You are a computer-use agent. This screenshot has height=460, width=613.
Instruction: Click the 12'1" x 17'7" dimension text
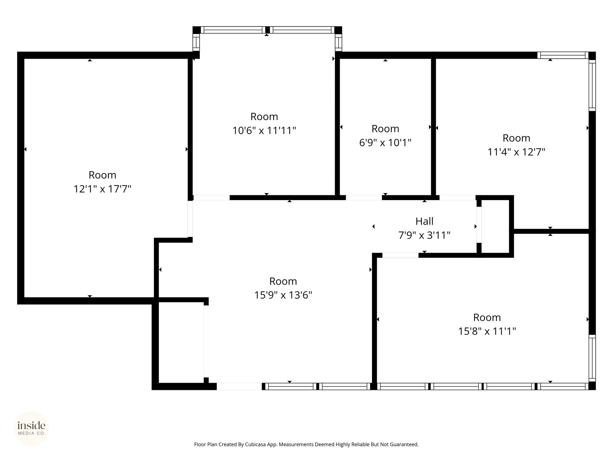tap(102, 189)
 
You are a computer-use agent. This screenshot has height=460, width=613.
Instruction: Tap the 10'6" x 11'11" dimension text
tap(264, 131)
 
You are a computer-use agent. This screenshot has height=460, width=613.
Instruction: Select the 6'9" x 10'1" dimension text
tap(385, 143)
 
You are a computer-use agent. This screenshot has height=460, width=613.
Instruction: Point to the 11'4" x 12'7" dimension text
tap(516, 152)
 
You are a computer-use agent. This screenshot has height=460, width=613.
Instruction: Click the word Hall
tap(424, 221)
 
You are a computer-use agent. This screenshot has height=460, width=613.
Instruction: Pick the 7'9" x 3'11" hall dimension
tap(424, 235)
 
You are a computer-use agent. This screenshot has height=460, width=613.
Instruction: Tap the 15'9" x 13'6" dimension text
tap(283, 295)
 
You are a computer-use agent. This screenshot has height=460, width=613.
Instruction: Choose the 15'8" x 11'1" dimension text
tap(487, 332)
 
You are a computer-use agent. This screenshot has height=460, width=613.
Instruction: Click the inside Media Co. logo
tap(31, 428)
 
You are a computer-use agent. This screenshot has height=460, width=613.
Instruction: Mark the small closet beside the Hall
tap(495, 227)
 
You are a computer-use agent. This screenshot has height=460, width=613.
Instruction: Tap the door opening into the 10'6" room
tap(212, 198)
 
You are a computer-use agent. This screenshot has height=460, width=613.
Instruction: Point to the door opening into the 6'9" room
tap(364, 198)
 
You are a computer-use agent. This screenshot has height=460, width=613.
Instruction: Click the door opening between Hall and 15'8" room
tap(400, 255)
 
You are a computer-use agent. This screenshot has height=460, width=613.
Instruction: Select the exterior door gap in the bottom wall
tap(239, 386)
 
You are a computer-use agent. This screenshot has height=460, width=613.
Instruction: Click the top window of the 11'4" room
tap(562, 55)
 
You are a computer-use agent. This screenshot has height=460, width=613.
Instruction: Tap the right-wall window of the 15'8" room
tap(592, 358)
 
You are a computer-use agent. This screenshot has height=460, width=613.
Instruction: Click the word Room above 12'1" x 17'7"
tap(102, 175)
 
